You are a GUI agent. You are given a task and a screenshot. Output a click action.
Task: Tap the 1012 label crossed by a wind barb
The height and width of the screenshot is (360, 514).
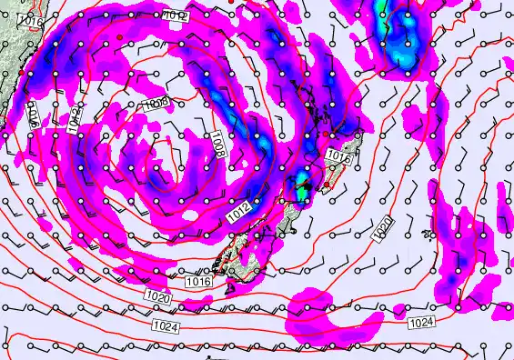(x=176, y=15)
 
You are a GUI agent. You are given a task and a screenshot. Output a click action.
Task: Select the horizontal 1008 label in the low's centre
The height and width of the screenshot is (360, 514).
(x=156, y=105)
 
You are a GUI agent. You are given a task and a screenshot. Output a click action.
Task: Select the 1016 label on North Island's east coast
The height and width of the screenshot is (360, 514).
(x=338, y=156)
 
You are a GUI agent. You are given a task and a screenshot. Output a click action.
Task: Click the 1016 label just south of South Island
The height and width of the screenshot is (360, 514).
(x=199, y=282)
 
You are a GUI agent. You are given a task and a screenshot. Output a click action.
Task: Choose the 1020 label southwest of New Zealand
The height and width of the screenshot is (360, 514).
(x=156, y=297)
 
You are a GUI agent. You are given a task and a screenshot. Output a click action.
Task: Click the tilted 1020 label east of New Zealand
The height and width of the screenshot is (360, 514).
(x=384, y=228)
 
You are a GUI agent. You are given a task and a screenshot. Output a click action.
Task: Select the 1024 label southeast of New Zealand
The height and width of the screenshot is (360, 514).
(x=420, y=323)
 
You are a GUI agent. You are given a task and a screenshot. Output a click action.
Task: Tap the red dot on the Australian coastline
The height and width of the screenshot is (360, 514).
(x=20, y=72)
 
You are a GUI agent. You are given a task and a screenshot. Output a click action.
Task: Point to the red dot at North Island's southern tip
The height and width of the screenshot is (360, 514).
(x=328, y=185)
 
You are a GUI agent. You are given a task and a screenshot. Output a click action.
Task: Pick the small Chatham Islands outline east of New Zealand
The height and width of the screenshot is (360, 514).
(x=428, y=234)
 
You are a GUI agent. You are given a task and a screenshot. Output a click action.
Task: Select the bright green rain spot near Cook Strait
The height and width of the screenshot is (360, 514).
(x=301, y=193)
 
